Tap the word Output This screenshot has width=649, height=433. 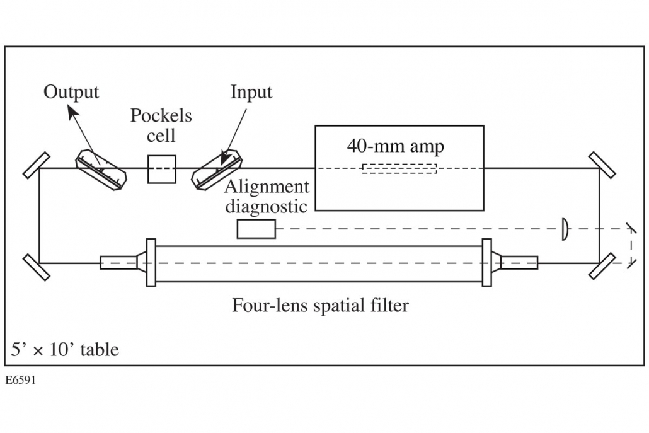(x=71, y=92)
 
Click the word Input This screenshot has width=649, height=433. (x=251, y=93)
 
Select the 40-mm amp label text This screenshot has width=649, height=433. (x=395, y=146)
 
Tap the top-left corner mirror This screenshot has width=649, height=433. (x=37, y=166)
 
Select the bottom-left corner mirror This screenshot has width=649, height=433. (x=37, y=267)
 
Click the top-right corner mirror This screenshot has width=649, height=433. (x=602, y=165)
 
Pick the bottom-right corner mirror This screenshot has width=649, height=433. (x=602, y=267)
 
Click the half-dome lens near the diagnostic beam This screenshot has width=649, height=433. (x=565, y=229)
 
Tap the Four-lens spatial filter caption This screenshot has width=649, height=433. (x=320, y=306)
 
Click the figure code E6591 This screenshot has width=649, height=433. (x=20, y=381)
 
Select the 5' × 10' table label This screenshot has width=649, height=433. (x=64, y=350)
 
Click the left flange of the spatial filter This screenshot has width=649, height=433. (x=151, y=262)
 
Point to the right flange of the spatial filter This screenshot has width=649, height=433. (x=487, y=262)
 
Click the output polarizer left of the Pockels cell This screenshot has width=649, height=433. (x=101, y=170)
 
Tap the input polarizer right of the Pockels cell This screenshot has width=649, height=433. (x=217, y=170)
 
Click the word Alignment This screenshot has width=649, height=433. (x=267, y=188)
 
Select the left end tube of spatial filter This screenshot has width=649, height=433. (x=118, y=263)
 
